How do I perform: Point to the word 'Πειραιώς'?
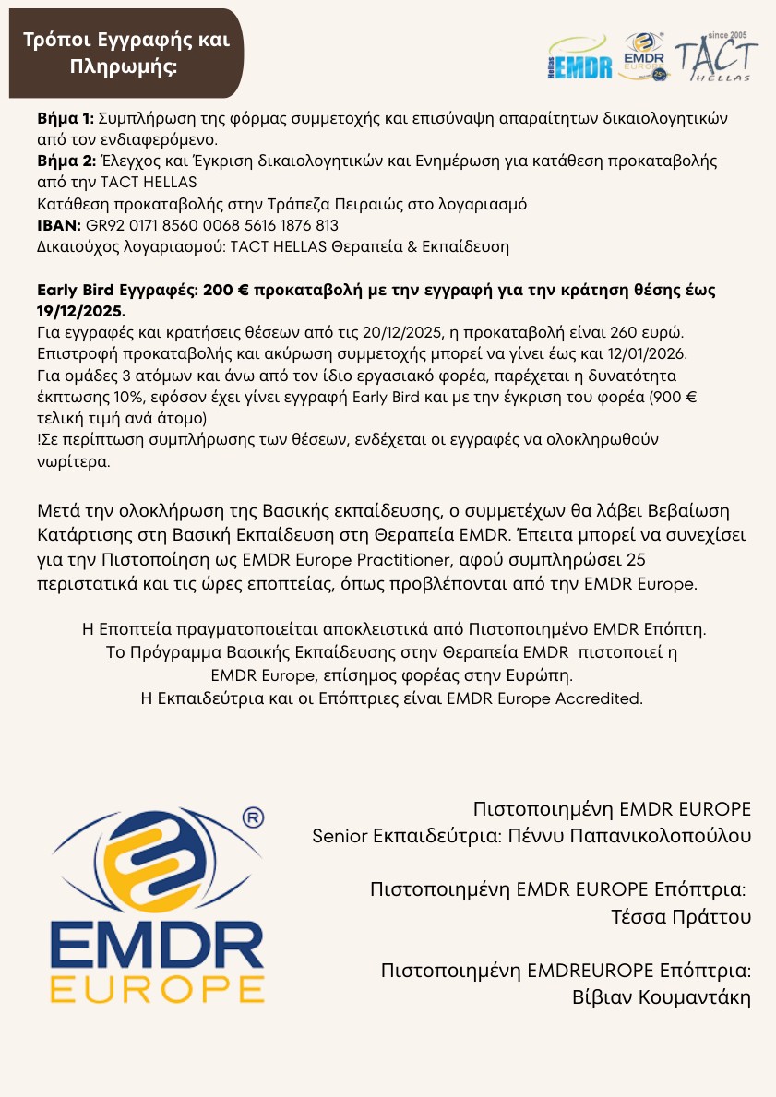409,204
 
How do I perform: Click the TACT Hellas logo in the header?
716,59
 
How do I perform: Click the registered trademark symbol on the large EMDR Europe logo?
252,817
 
